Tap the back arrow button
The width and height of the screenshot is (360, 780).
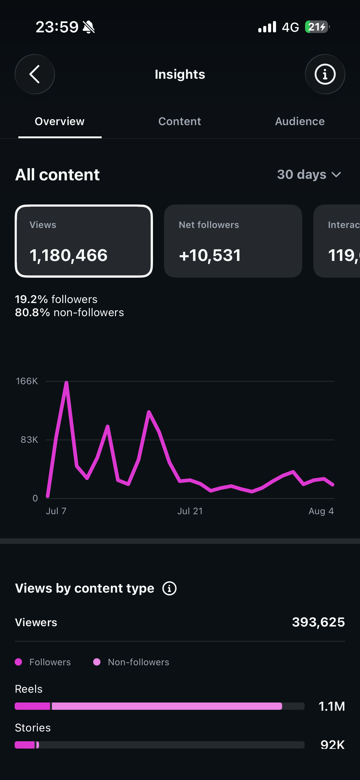tap(35, 74)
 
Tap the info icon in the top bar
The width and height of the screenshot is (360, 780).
tap(325, 74)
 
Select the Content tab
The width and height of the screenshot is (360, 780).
tap(180, 121)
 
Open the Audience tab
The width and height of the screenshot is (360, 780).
tap(300, 121)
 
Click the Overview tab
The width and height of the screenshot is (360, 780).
tap(60, 121)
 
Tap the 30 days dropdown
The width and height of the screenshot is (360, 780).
tap(309, 175)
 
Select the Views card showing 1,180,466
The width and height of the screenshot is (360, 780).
tap(84, 241)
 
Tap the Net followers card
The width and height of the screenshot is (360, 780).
tap(233, 241)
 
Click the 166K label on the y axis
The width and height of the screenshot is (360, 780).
tap(27, 381)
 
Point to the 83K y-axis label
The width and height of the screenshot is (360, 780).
tap(29, 440)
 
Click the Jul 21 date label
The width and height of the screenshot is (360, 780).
tap(190, 511)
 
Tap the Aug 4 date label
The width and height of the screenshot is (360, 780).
tap(321, 511)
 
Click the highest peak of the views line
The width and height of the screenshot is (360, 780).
tap(66, 383)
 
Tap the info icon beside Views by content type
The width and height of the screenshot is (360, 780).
tap(169, 588)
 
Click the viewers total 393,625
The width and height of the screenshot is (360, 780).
tap(318, 622)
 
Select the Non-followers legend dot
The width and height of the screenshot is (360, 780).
tap(97, 662)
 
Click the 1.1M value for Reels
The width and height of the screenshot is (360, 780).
tap(332, 706)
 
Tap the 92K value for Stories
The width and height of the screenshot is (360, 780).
tap(333, 745)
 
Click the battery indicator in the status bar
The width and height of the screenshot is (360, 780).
tap(317, 27)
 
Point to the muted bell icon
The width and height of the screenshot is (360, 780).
tap(89, 27)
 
